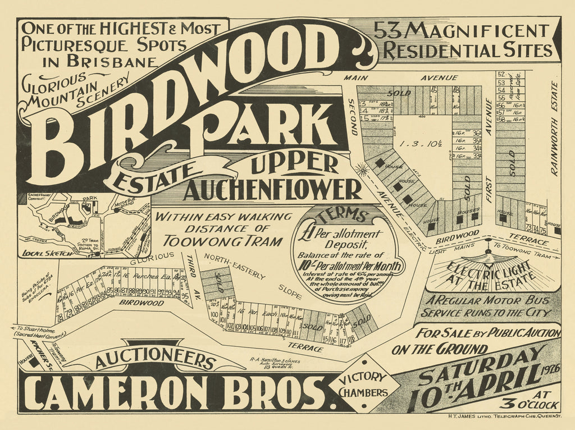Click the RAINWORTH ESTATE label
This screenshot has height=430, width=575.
[x=554, y=129]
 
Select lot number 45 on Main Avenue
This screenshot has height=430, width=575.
[x=433, y=89]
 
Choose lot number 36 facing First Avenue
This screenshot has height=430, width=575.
[x=477, y=133]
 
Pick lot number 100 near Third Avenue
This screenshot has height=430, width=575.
[x=214, y=314]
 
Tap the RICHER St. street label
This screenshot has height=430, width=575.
[x=40, y=347]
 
